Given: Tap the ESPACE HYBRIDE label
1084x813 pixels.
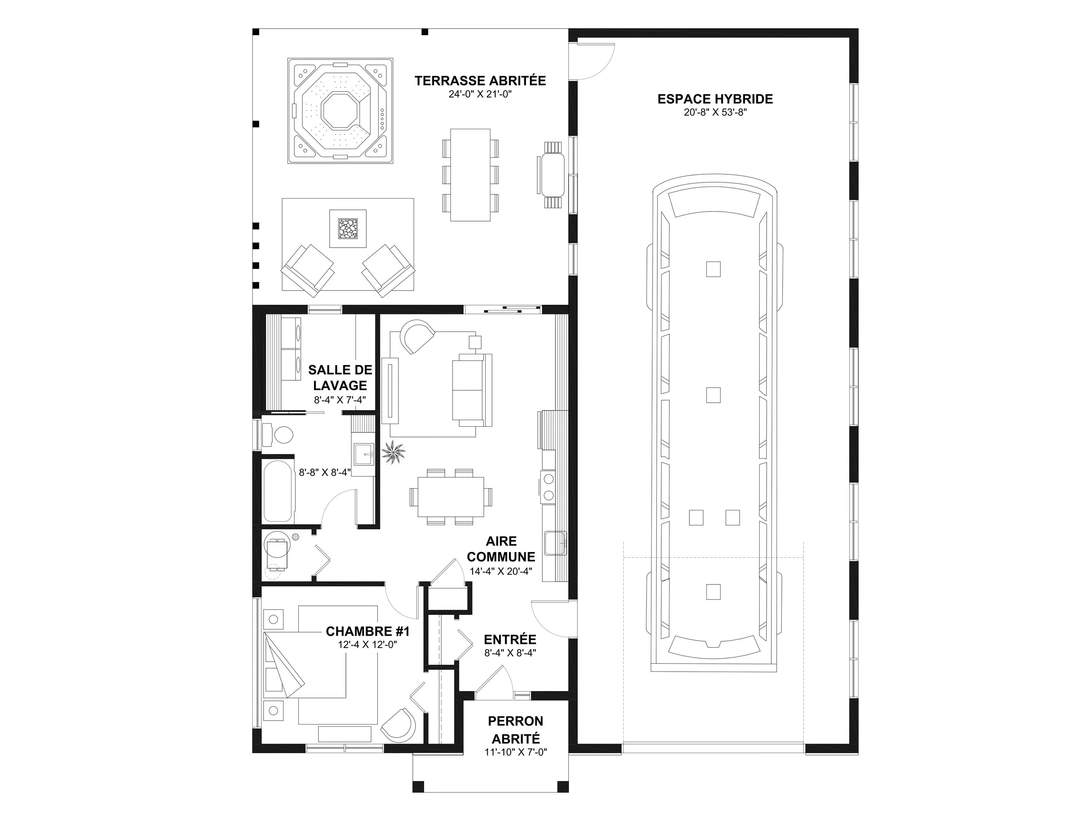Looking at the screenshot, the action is (715, 99).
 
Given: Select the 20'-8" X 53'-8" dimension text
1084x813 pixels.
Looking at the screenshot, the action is (715, 113).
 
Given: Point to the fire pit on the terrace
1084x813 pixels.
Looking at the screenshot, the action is (348, 229).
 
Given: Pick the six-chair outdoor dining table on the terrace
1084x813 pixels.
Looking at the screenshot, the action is (470, 175).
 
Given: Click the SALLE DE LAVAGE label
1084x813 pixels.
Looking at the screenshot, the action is (340, 377).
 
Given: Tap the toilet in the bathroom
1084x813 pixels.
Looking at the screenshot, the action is (278, 434).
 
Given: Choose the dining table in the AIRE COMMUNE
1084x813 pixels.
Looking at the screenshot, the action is (451, 497).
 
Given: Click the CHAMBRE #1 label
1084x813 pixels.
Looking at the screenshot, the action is (368, 631).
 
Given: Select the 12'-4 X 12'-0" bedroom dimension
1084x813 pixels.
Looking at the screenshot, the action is (367, 644).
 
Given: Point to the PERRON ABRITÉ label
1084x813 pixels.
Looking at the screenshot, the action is (516, 730).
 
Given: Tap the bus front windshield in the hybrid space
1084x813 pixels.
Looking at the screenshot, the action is (715, 204).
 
